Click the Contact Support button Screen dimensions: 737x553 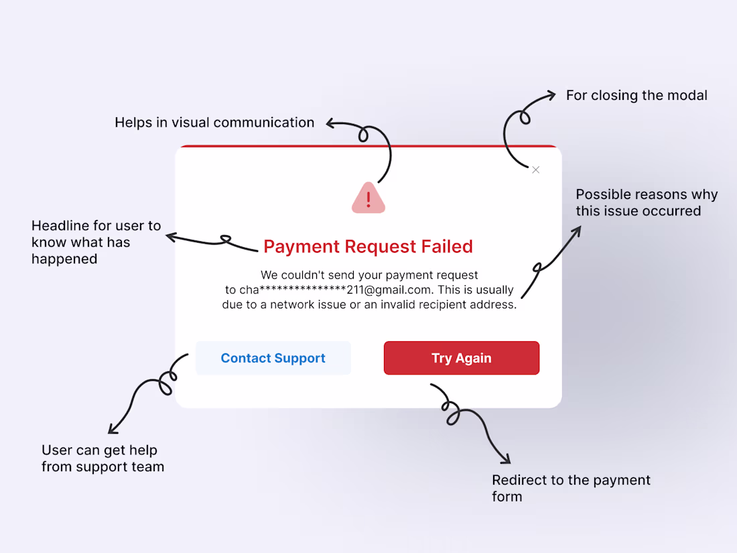coord(273,358)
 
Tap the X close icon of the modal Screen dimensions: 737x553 coord(536,170)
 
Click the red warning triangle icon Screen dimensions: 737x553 coord(368,198)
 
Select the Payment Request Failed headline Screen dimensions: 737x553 coord(368,247)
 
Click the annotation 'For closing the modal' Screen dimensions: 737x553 coord(636,95)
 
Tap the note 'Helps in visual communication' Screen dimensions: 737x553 coord(214,123)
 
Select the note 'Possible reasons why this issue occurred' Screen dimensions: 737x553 coord(647,202)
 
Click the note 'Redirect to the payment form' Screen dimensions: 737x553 coord(571,488)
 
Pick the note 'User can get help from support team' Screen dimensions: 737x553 coord(103,458)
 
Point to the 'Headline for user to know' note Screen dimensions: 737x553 coord(96,242)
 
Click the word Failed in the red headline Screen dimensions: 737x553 coord(447,247)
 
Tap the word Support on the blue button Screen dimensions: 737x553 coord(300,359)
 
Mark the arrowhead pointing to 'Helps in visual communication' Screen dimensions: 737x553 coord(330,124)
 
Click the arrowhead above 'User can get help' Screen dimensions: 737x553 coord(112,429)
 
